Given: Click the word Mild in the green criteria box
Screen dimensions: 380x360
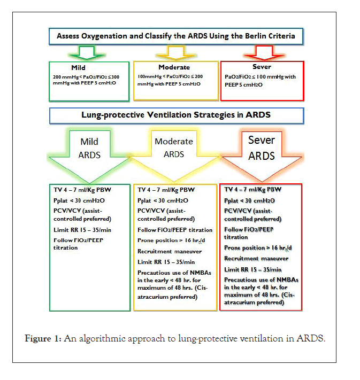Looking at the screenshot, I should [x=79, y=68].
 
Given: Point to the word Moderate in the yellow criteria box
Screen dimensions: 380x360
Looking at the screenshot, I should [x=175, y=68].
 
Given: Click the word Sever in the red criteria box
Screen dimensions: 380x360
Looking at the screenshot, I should [x=262, y=68].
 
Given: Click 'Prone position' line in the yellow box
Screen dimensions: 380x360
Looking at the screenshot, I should [x=171, y=241].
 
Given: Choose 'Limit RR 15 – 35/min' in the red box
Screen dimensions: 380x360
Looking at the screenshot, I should [x=252, y=269].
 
